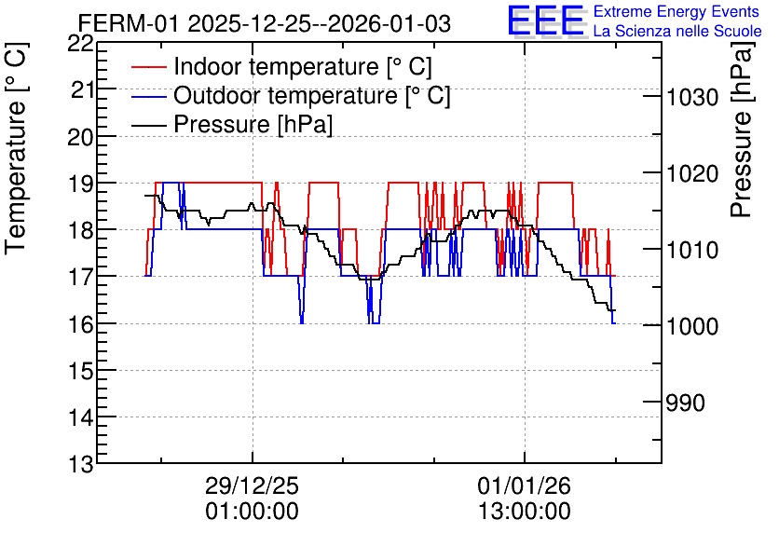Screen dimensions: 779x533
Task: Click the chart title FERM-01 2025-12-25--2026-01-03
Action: (x=265, y=24)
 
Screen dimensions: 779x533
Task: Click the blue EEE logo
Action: (x=546, y=20)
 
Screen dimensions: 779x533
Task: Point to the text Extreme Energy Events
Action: (x=676, y=11)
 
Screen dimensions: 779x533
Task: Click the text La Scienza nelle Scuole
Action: (x=677, y=31)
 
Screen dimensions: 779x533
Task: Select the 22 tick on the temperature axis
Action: (x=80, y=44)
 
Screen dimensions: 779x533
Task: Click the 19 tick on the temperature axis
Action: (x=80, y=184)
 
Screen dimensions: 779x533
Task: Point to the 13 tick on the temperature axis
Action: (x=80, y=465)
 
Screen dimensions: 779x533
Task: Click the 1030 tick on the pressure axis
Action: (x=692, y=97)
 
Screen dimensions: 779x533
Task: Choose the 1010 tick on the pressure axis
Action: (x=692, y=251)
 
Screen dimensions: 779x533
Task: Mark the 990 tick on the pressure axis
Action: (x=685, y=403)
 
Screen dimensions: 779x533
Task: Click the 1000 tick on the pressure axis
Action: (x=692, y=327)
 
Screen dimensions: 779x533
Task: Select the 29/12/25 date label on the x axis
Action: (x=253, y=485)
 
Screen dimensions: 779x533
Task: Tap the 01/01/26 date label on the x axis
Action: (x=525, y=485)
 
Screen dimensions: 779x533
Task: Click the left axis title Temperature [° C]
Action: (x=17, y=149)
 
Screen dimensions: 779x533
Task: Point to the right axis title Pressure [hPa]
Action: (x=742, y=130)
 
